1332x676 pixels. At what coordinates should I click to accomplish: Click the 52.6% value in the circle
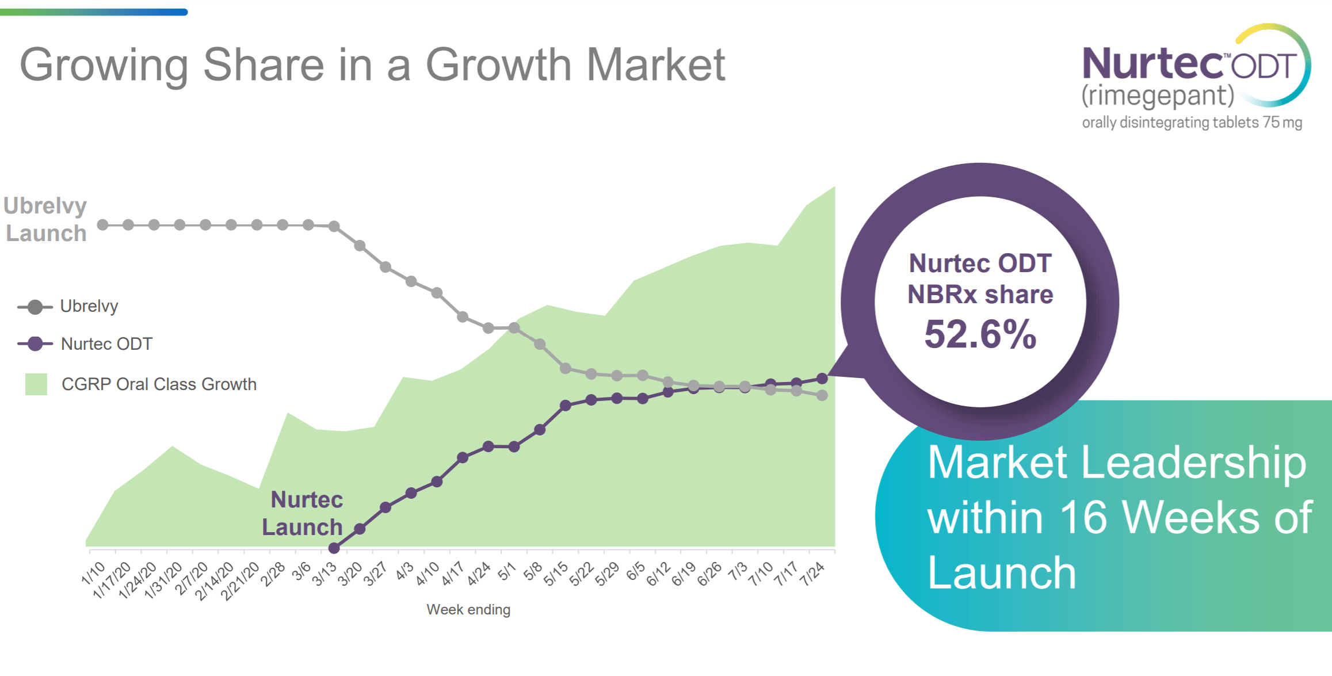[x=980, y=334]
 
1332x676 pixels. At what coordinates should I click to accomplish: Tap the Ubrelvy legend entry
[x=89, y=306]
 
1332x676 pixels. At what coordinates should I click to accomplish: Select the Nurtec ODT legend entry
[x=106, y=344]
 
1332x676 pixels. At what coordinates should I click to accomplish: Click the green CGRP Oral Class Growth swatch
[x=36, y=384]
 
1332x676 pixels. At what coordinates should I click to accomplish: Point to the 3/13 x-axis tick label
[x=324, y=574]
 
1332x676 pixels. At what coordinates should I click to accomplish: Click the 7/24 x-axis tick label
[x=812, y=574]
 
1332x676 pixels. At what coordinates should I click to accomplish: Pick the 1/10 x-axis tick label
[x=93, y=573]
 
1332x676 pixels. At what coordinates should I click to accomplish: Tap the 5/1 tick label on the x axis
[x=506, y=572]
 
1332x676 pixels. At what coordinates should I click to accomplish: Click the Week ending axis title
[x=468, y=609]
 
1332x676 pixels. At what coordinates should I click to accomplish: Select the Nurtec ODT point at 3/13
[x=334, y=548]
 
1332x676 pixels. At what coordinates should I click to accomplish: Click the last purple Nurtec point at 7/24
[x=822, y=379]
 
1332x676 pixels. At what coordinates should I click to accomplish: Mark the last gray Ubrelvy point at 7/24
[x=822, y=395]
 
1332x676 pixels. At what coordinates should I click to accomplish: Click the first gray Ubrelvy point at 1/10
[x=102, y=225]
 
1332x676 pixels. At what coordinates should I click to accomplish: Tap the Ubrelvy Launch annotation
[x=45, y=219]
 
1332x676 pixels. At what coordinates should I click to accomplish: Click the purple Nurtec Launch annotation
[x=303, y=513]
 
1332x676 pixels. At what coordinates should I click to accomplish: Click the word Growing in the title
[x=104, y=65]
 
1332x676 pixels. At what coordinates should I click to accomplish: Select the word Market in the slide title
[x=655, y=65]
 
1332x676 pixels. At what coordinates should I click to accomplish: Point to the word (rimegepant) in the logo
[x=1158, y=96]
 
